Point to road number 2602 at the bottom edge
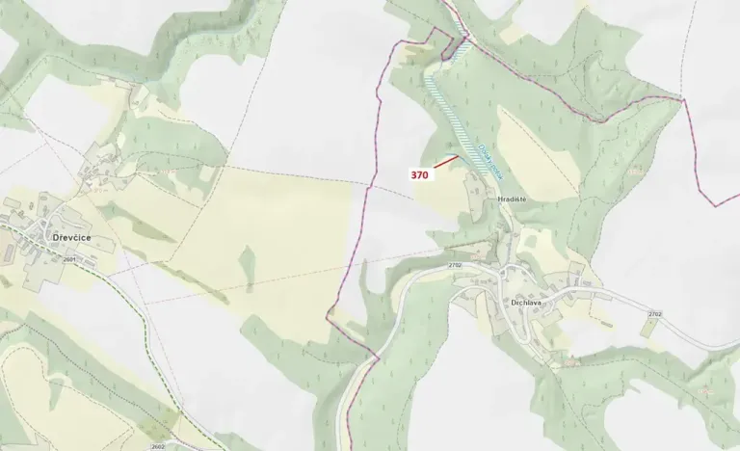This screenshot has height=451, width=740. pyautogui.click(x=159, y=446)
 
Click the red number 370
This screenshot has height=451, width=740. pyautogui.click(x=419, y=175)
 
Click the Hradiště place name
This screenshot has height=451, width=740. pyautogui.click(x=511, y=199)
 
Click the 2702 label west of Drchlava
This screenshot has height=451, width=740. pyautogui.click(x=455, y=265)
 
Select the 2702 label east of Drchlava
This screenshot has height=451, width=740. pyautogui.click(x=655, y=314)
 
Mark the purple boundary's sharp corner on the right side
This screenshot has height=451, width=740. pyautogui.click(x=683, y=99)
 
